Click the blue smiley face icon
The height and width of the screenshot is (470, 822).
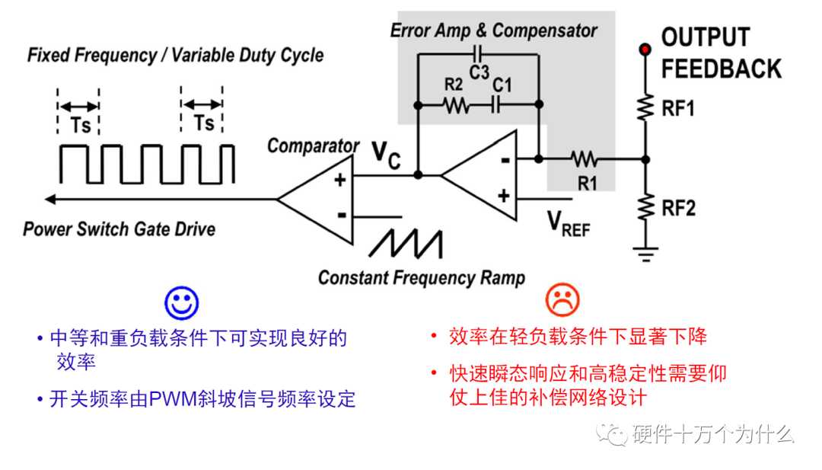pyautogui.click(x=181, y=302)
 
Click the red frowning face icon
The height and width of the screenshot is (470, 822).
pyautogui.click(x=562, y=300)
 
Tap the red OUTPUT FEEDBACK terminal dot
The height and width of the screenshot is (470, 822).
pyautogui.click(x=645, y=50)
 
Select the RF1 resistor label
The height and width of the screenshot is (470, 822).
pyautogui.click(x=678, y=109)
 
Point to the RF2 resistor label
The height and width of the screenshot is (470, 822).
pyautogui.click(x=678, y=208)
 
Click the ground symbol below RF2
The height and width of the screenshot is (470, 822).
pyautogui.click(x=646, y=254)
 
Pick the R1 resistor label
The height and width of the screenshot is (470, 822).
pyautogui.click(x=588, y=184)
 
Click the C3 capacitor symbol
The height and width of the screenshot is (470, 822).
pyautogui.click(x=478, y=53)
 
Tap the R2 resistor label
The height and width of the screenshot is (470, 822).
pyautogui.click(x=454, y=85)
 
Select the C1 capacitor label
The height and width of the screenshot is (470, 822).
pyautogui.click(x=502, y=85)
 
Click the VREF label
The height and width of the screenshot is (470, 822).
pyautogui.click(x=569, y=223)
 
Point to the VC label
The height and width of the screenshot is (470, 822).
pyautogui.click(x=387, y=156)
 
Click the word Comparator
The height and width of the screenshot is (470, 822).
pyautogui.click(x=313, y=145)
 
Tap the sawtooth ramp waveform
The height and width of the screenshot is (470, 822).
pyautogui.click(x=406, y=244)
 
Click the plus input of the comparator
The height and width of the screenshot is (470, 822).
pyautogui.click(x=340, y=180)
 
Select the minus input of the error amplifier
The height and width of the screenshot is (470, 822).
pyautogui.click(x=505, y=160)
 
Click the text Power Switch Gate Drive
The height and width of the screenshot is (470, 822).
pyautogui.click(x=119, y=229)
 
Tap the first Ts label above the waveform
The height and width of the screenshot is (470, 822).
pyautogui.click(x=81, y=126)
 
